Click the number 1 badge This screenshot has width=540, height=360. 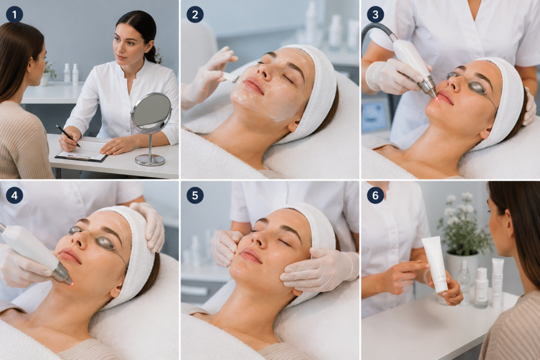(14, 14)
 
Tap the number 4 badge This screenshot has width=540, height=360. (14, 195)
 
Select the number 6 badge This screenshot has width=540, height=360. (375, 195)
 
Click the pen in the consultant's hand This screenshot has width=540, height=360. (68, 135)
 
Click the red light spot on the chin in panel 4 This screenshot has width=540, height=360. (72, 284)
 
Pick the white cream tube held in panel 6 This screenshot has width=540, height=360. (435, 264)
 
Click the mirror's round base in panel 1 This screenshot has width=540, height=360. (150, 160)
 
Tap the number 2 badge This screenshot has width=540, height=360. (195, 14)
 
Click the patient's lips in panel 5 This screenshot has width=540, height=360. (250, 256)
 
